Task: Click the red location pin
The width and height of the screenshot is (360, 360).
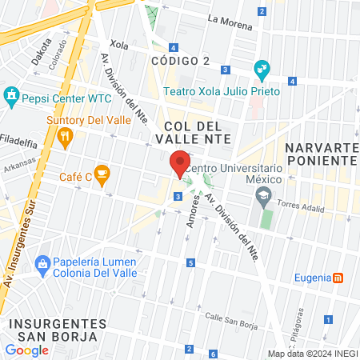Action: tap(181, 164)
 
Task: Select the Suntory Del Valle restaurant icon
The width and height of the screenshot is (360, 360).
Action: tap(66, 138)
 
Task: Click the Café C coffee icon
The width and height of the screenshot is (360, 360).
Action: tap(101, 172)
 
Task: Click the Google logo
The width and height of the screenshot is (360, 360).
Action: tap(27, 350)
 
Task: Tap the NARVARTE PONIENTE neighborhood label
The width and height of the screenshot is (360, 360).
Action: tap(321, 154)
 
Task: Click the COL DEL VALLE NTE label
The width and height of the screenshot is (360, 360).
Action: tap(198, 133)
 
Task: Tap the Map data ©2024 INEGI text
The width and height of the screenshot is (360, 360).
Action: tap(312, 353)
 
